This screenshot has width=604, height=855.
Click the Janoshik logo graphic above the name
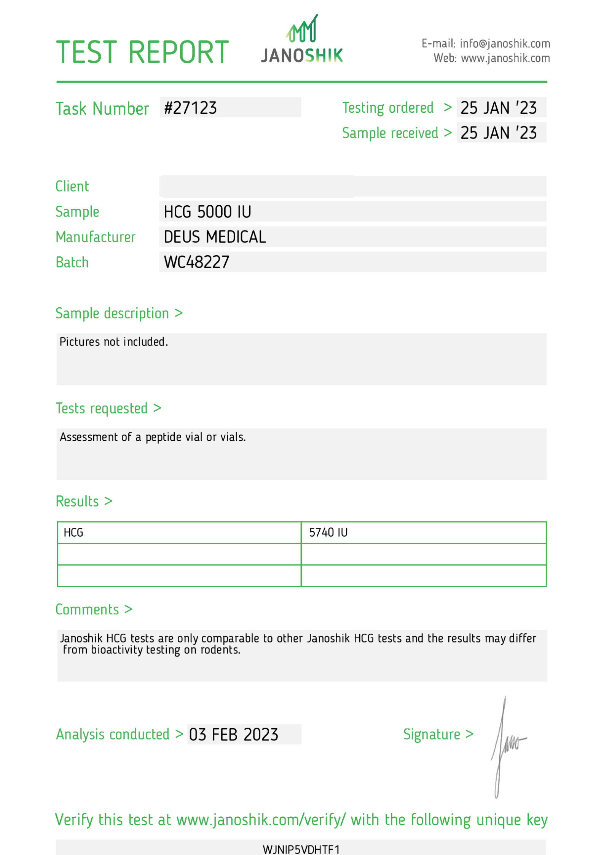tap(302, 29)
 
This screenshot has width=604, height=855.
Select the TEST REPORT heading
tap(142, 52)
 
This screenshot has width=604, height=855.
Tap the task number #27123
tap(190, 108)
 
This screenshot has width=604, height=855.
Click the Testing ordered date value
tap(498, 108)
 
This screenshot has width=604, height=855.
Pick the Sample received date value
tap(498, 133)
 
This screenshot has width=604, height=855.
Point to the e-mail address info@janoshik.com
tap(505, 44)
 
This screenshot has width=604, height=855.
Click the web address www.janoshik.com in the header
tap(505, 58)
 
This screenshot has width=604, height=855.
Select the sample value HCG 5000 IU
tap(207, 212)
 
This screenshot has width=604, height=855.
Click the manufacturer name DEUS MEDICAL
tap(215, 237)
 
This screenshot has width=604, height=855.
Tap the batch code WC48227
tap(196, 262)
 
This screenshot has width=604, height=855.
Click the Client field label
tap(72, 187)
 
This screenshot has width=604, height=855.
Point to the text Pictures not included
tap(114, 342)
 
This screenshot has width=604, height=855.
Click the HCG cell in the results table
tap(73, 533)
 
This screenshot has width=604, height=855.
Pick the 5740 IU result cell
tap(328, 533)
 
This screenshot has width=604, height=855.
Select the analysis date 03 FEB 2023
tap(234, 735)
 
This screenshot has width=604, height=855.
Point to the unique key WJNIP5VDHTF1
tap(301, 849)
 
